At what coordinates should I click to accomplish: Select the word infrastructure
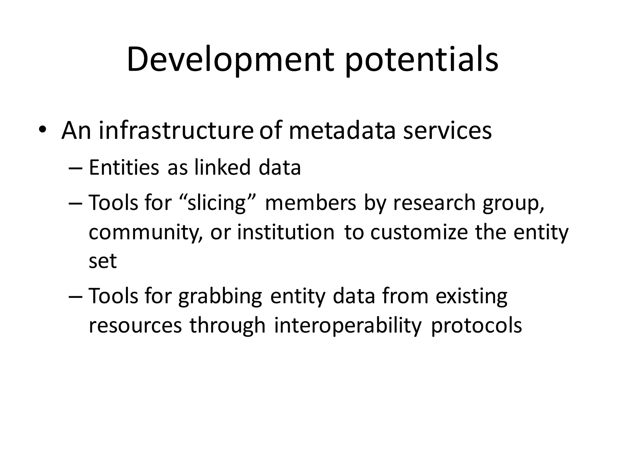pyautogui.click(x=176, y=131)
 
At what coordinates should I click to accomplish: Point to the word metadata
pyautogui.click(x=342, y=131)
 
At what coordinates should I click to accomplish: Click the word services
pyautogui.click(x=447, y=131)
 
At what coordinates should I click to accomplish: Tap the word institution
pyautogui.click(x=286, y=232)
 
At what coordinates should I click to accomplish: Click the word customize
pyautogui.click(x=419, y=232)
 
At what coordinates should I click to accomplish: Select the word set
pyautogui.click(x=103, y=261)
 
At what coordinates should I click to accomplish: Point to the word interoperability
pyautogui.click(x=348, y=325)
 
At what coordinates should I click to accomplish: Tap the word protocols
pyautogui.click(x=476, y=325)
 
